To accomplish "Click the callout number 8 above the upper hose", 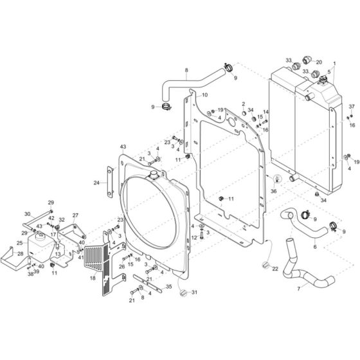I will coord(186,70).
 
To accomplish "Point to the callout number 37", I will coord(352,106).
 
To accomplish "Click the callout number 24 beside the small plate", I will coord(96,183).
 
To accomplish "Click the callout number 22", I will coord(275,269).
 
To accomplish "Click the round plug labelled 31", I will coord(182,292).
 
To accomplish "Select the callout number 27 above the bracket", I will coord(75,215).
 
